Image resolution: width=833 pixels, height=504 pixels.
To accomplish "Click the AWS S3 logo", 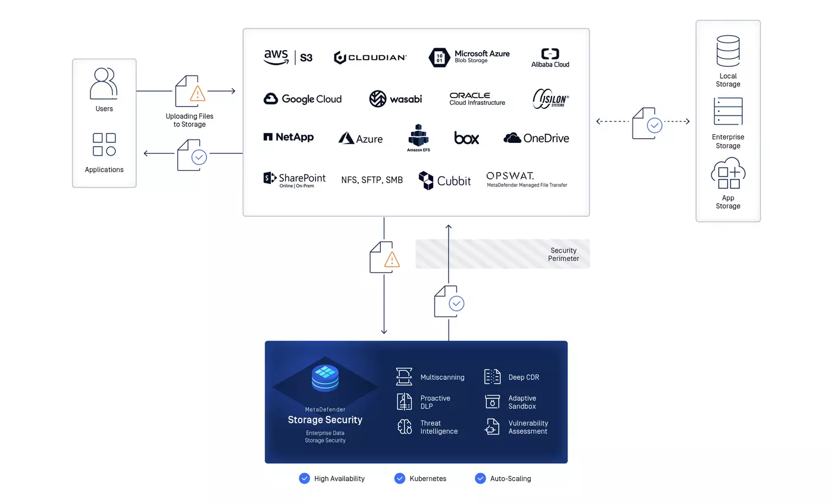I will click(288, 57).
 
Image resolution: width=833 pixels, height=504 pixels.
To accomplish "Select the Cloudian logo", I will click(370, 58).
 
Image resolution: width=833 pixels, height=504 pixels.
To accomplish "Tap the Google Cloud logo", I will click(302, 99).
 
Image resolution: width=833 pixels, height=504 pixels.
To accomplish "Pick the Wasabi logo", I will click(395, 99).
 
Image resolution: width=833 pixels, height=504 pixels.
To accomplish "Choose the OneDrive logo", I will click(536, 138).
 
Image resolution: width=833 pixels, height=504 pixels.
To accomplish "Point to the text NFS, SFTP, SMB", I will click(372, 180).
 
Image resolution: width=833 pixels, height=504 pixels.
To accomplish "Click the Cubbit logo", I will click(444, 181).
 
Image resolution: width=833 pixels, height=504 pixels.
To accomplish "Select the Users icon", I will click(104, 83).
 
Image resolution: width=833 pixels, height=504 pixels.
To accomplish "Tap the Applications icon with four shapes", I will click(104, 144).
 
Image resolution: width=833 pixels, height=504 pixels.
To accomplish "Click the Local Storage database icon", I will click(728, 51).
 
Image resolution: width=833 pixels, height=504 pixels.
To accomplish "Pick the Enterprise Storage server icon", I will click(728, 111).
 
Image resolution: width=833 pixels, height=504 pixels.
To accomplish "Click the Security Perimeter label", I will click(563, 254).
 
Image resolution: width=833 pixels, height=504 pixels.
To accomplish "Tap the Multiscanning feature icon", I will click(404, 377).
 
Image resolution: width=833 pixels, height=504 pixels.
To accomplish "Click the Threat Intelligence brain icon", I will click(405, 427).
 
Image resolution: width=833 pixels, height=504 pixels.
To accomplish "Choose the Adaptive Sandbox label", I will click(522, 402).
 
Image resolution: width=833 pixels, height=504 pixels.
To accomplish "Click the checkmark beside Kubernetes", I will click(399, 478).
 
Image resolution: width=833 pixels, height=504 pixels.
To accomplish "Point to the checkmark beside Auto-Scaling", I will click(480, 478).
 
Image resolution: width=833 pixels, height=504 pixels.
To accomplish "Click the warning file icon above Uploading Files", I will click(190, 91).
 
